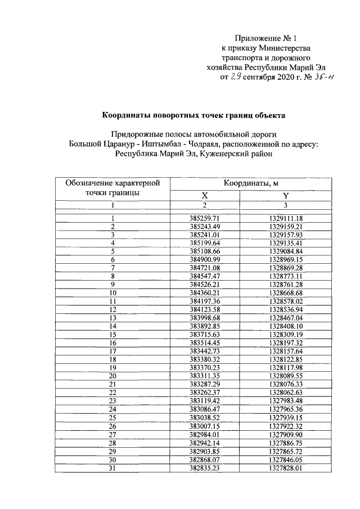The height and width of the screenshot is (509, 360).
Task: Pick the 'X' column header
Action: [x=205, y=196]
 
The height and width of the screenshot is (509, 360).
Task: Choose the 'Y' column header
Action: [x=286, y=196]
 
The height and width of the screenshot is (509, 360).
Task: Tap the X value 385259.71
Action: [x=205, y=218]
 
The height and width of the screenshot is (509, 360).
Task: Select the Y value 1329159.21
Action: [x=286, y=226]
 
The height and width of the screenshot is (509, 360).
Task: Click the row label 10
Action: [x=112, y=293]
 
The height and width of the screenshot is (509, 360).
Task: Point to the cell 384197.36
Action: [x=205, y=301]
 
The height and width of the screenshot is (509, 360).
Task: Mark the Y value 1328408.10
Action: [x=286, y=326]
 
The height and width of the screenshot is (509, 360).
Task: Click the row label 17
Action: [x=112, y=351]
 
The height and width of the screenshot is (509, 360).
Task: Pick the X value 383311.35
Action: [x=205, y=376]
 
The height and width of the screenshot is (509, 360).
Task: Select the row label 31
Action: [x=112, y=467]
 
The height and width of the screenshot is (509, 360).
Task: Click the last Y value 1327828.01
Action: [x=286, y=467]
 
